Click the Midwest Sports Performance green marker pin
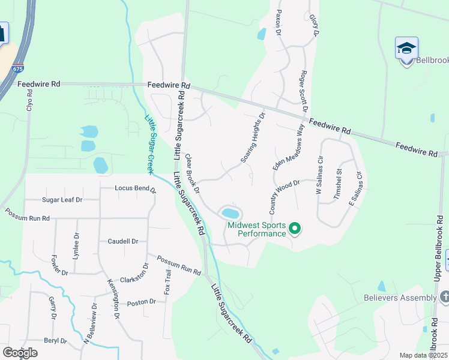295,228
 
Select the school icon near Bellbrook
406,48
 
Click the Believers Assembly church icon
444,297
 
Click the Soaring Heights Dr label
253,138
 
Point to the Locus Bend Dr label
136,189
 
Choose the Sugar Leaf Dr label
62,199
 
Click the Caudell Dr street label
123,241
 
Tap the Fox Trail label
169,285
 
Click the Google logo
20,353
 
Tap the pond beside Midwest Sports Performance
231,213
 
